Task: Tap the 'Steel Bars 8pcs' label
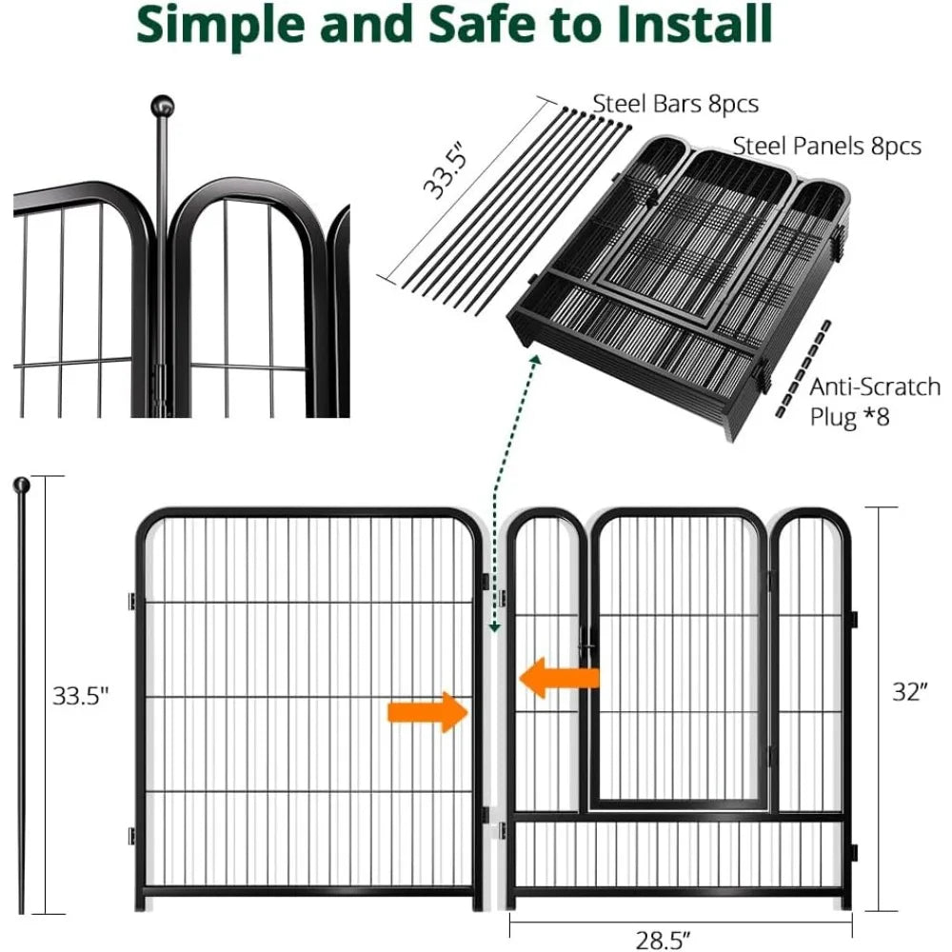point(676,103)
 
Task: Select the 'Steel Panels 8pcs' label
point(826,146)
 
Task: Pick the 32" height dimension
point(909,692)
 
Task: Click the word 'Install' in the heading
point(677,27)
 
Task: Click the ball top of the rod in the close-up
point(163,105)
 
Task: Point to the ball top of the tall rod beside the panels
point(21,486)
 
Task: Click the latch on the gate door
point(588,650)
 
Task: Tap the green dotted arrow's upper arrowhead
point(536,361)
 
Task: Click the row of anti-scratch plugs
point(800,367)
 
